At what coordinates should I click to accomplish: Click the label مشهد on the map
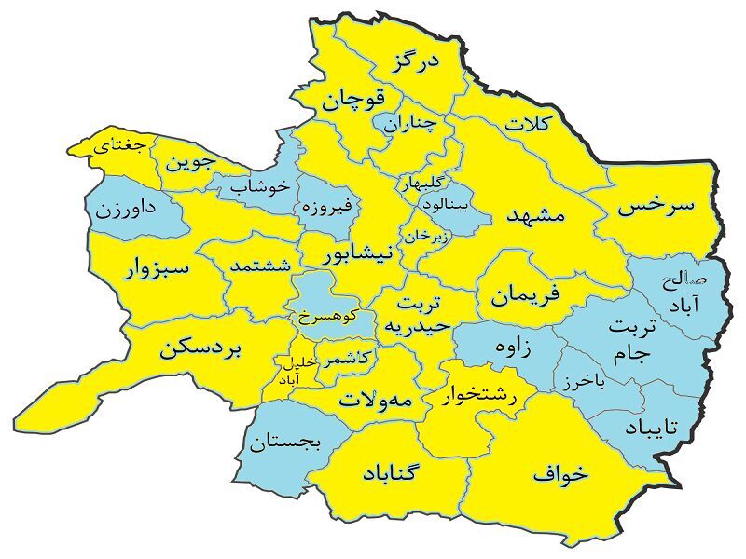click(x=535, y=214)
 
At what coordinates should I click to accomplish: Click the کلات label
click(x=529, y=123)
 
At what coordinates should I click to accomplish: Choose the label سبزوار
click(x=157, y=269)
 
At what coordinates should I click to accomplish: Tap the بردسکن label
click(x=200, y=349)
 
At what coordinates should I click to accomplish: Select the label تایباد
click(x=656, y=426)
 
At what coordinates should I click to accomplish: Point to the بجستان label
click(x=285, y=443)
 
